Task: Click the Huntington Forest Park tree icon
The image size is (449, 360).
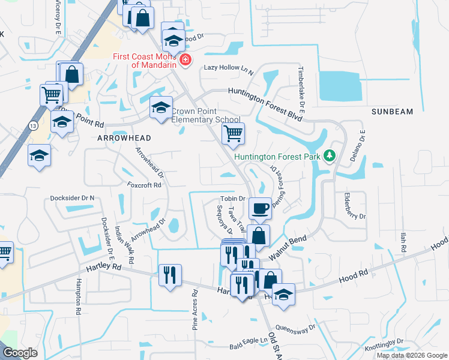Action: pos(329,157)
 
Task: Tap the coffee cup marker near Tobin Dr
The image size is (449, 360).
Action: pos(259,208)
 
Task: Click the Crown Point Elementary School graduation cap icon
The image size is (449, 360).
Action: pos(160,108)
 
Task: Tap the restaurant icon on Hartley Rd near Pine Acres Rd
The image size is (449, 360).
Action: pos(169,275)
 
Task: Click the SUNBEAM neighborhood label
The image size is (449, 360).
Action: pos(392,112)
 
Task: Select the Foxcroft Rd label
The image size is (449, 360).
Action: pos(144,185)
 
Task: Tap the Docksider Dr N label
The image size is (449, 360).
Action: pos(76,197)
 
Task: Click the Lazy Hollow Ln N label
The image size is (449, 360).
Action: pos(229,69)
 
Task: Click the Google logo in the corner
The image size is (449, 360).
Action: pos(19,352)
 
